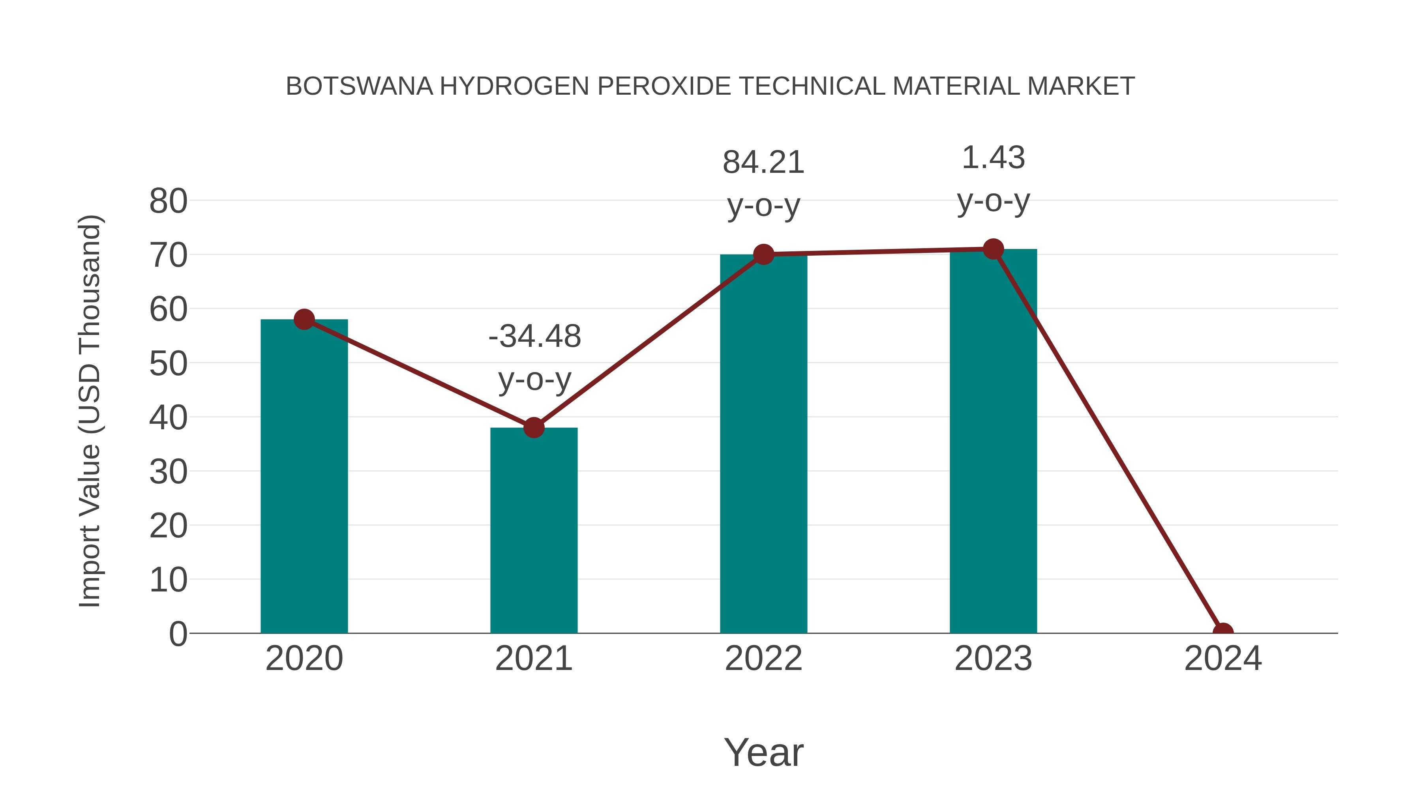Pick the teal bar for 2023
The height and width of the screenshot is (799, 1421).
tap(993, 447)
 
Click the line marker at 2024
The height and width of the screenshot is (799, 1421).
tap(1223, 632)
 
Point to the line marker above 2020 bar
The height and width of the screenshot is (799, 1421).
tap(304, 319)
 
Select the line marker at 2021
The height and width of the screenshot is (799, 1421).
tap(533, 427)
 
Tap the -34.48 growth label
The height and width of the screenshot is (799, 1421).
tap(534, 336)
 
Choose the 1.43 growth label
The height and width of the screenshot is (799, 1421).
tap(993, 158)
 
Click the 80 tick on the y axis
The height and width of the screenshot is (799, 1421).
tap(168, 201)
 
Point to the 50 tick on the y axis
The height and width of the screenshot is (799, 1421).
tap(168, 364)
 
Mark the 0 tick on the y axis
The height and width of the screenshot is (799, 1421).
tap(178, 634)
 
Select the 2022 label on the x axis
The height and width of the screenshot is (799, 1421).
tap(763, 659)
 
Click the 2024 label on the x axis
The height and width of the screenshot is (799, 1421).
tap(1223, 659)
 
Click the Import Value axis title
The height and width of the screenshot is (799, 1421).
tap(89, 411)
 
